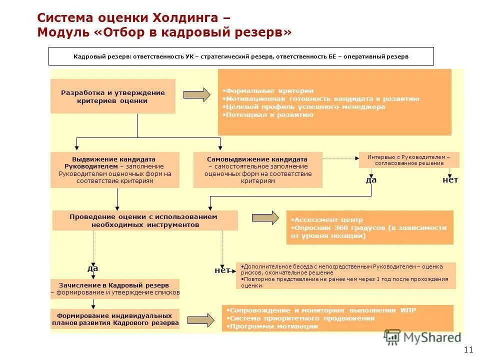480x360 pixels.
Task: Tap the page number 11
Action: pos(468,349)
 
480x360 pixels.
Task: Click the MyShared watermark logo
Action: pos(423,337)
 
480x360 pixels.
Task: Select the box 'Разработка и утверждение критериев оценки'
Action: pos(113,96)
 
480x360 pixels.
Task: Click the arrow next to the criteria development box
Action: pos(197,95)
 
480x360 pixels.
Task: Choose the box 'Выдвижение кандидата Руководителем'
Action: pos(115,169)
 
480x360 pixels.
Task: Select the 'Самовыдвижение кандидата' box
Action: pos(257,169)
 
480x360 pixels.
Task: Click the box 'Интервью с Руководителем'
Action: pos(408,159)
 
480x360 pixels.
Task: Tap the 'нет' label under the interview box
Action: pos(450,179)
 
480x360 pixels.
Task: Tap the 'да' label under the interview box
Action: pos(371,179)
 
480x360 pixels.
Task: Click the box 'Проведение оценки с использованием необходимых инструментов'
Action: pos(145,220)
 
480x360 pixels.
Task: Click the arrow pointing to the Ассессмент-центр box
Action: pos(265,217)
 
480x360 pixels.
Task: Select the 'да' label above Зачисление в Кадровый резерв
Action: pos(93,268)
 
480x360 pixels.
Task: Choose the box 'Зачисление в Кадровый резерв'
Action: pos(115,288)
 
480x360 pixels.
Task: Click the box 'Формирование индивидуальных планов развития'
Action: pos(115,319)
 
